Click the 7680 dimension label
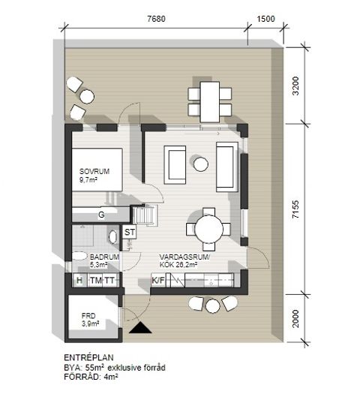(156, 19)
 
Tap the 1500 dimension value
(265, 19)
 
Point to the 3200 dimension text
(295, 86)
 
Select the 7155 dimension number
(295, 209)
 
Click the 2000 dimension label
(295, 318)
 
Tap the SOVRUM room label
(94, 172)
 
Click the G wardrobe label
(101, 215)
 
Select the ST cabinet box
(130, 232)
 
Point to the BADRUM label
(104, 257)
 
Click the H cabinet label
(79, 281)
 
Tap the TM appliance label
(95, 281)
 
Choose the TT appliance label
(109, 281)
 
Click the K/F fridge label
(158, 281)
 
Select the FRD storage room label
(88, 316)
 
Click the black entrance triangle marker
(140, 328)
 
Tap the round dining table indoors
(208, 229)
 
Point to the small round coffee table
(201, 164)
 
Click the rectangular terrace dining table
(209, 102)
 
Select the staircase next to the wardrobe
(145, 215)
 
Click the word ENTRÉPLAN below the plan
(88, 357)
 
